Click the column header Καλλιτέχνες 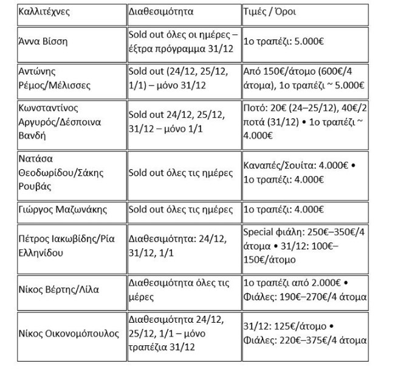coord(43,12)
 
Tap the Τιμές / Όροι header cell coord(271,12)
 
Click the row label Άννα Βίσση coord(43,42)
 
